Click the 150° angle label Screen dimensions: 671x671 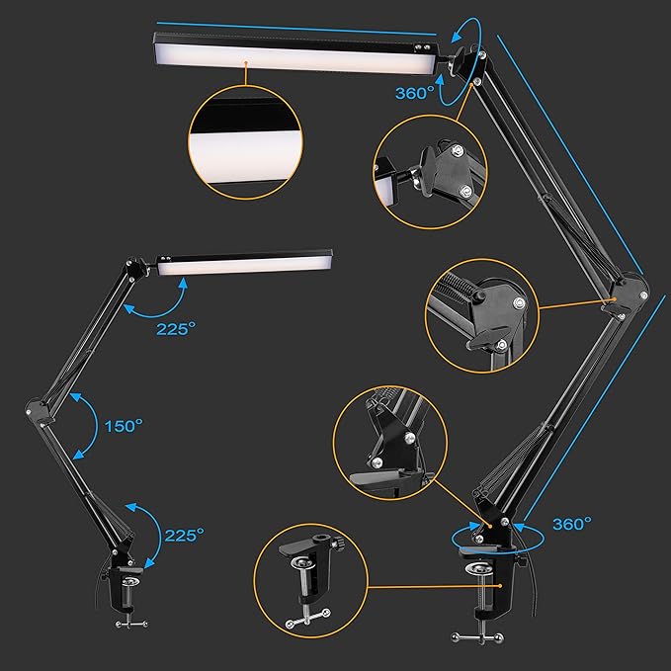(x=124, y=426)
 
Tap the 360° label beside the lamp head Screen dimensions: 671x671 (x=415, y=93)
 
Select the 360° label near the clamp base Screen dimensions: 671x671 (x=572, y=524)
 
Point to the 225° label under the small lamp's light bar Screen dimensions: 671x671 (x=176, y=329)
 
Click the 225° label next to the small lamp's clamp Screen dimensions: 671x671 (x=185, y=535)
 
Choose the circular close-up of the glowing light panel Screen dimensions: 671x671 (x=245, y=142)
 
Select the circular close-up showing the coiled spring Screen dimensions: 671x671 (x=482, y=315)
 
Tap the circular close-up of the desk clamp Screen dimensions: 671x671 (x=310, y=581)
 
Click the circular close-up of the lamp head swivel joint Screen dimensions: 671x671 (x=430, y=171)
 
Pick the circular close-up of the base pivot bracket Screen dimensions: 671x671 (x=390, y=443)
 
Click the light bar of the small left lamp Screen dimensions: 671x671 (x=244, y=262)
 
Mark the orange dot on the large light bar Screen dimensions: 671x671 (x=246, y=63)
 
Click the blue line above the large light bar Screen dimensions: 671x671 (x=296, y=29)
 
